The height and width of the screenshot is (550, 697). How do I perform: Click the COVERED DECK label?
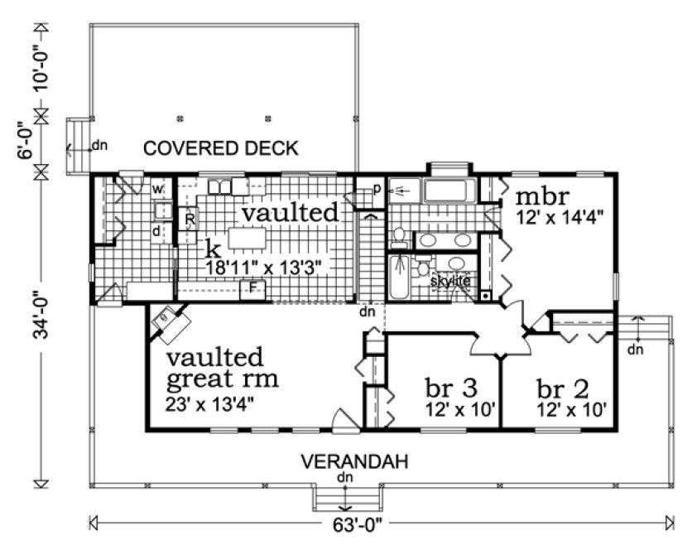click(x=221, y=148)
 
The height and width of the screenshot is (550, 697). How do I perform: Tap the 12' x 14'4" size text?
click(x=559, y=217)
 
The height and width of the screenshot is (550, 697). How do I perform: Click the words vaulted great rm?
click(x=222, y=369)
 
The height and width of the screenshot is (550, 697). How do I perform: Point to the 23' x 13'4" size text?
click(x=209, y=405)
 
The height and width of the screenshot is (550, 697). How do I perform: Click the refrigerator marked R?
click(x=190, y=220)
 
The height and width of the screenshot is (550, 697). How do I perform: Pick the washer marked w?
click(x=157, y=188)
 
